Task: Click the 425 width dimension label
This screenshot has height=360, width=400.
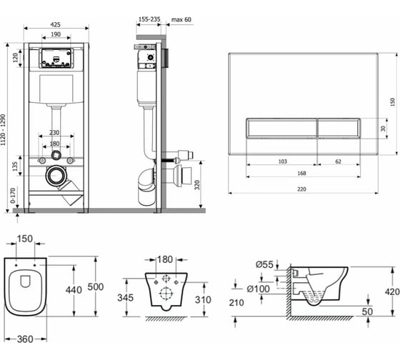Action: [56, 24]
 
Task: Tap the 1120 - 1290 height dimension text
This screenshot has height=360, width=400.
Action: [3, 130]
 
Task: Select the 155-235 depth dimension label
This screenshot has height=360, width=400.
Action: [149, 19]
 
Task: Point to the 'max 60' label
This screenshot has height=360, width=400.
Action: [181, 20]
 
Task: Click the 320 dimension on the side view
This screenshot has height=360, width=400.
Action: [197, 185]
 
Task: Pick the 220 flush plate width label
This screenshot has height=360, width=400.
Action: [301, 189]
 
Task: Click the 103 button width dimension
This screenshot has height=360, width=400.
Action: [282, 161]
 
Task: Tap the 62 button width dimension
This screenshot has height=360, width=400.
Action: [338, 161]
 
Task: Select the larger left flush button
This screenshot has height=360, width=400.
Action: [281, 128]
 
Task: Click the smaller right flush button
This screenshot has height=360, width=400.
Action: [339, 128]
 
